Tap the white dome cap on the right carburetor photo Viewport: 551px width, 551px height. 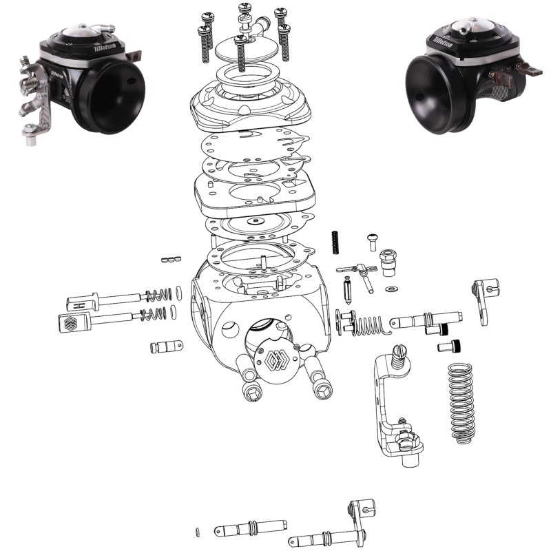point(466,26)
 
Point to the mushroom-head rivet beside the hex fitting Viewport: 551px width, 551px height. point(372,240)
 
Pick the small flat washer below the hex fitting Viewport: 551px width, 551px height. point(392,288)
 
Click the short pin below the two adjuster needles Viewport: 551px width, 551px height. point(166,346)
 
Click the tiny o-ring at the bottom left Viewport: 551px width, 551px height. point(197,531)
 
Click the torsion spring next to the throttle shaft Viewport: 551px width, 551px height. point(362,324)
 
